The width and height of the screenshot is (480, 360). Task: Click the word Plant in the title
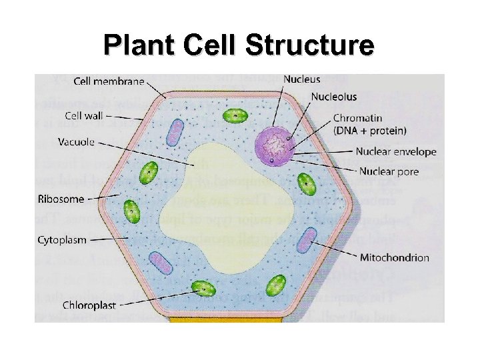coord(131,45)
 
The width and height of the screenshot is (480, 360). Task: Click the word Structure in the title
coord(309,45)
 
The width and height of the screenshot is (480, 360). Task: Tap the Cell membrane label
coord(109,81)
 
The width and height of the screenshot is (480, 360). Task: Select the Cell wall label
coord(85,116)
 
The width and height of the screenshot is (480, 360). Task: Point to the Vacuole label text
coord(76,141)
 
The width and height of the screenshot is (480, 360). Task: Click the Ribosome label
coord(61,199)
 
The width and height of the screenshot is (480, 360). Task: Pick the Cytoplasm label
coord(63,239)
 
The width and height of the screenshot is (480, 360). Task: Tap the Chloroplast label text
coord(89,305)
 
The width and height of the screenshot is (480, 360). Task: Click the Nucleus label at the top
coord(301,79)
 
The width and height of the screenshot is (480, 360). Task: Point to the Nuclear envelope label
coord(396,152)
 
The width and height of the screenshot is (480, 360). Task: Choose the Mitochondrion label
coord(395,257)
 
